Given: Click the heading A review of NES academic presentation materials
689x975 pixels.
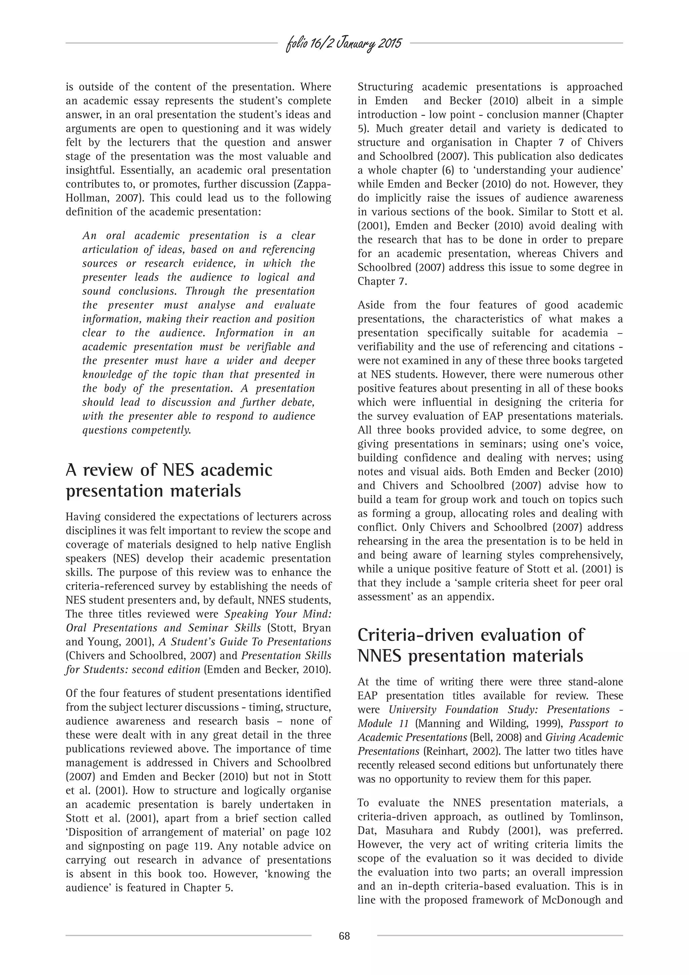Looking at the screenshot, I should [x=169, y=480].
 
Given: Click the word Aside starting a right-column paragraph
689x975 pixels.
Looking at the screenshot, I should [x=371, y=305].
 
